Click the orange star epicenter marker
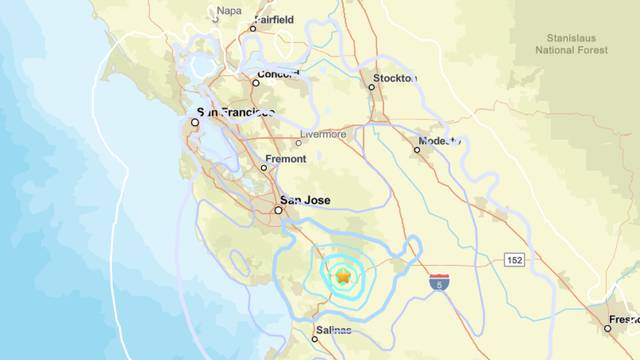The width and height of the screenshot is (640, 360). click(x=343, y=276)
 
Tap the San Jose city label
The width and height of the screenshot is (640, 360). click(x=304, y=199)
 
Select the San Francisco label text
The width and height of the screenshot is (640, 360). click(x=235, y=113)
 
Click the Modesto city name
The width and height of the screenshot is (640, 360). click(x=441, y=141)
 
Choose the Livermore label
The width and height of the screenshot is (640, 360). click(x=325, y=134)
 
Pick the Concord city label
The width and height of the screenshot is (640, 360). click(x=279, y=75)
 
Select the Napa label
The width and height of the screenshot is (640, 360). click(x=229, y=11)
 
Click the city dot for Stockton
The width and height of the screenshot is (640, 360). click(x=371, y=87)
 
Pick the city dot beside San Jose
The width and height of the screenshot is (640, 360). click(x=279, y=210)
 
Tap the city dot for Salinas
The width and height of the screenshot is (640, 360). click(x=314, y=339)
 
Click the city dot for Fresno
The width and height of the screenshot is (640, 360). click(x=607, y=327)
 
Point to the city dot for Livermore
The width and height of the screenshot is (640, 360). click(x=298, y=143)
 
